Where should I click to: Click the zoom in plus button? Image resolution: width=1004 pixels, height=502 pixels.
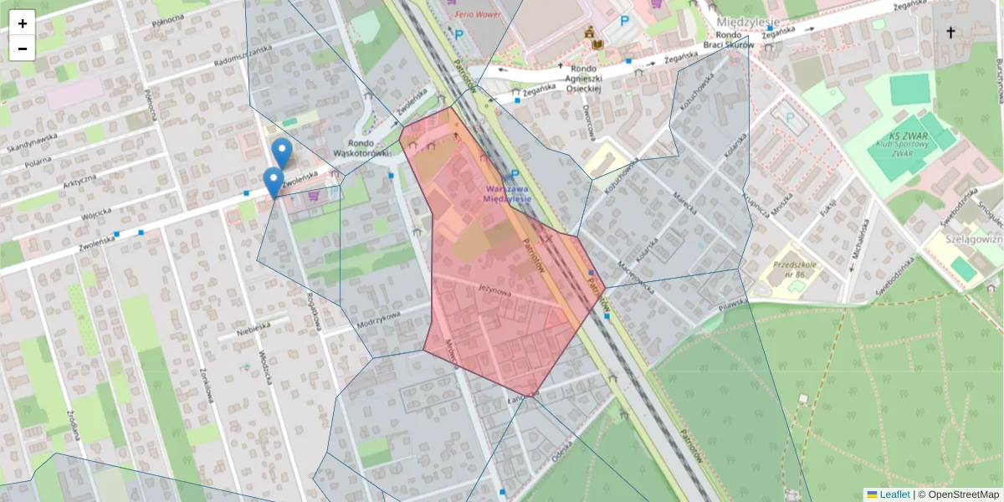23,23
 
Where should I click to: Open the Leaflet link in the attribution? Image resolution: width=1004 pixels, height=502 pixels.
894,494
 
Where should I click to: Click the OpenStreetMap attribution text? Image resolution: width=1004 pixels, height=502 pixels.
958,494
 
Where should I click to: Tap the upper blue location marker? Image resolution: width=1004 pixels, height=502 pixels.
282,152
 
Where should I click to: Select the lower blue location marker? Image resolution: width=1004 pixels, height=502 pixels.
273,181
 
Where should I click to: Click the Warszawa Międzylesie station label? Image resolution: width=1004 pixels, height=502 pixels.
507,194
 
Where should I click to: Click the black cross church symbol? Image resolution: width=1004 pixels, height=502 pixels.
950,33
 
